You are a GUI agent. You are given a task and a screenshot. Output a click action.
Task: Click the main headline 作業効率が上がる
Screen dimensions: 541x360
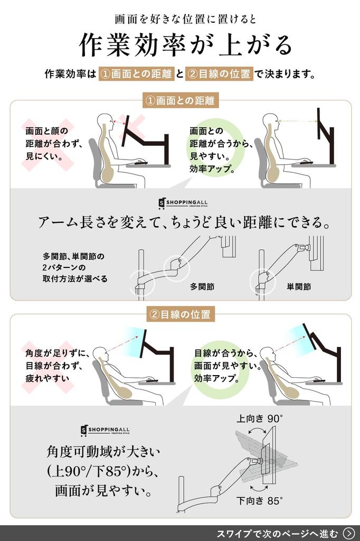tap(185, 45)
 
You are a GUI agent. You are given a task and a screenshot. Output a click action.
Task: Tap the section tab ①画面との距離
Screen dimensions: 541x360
tap(181, 100)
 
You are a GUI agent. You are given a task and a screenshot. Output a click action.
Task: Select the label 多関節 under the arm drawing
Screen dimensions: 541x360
tap(202, 287)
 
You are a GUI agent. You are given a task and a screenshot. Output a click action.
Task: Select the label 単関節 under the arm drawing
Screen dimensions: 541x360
tap(299, 287)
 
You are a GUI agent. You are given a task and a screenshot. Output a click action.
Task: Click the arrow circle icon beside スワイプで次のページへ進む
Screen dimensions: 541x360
tap(348, 533)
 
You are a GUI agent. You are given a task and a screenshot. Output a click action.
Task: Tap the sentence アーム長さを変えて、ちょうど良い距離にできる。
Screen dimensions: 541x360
tap(185, 222)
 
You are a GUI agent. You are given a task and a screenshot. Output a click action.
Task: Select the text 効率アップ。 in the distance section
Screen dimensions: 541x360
tap(212, 170)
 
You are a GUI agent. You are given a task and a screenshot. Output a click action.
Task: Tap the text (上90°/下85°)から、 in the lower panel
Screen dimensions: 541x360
tap(103, 471)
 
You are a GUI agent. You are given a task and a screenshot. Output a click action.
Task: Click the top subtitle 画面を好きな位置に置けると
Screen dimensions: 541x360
tap(185, 19)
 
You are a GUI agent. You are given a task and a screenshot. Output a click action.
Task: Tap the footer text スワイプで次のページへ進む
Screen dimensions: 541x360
tap(277, 533)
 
